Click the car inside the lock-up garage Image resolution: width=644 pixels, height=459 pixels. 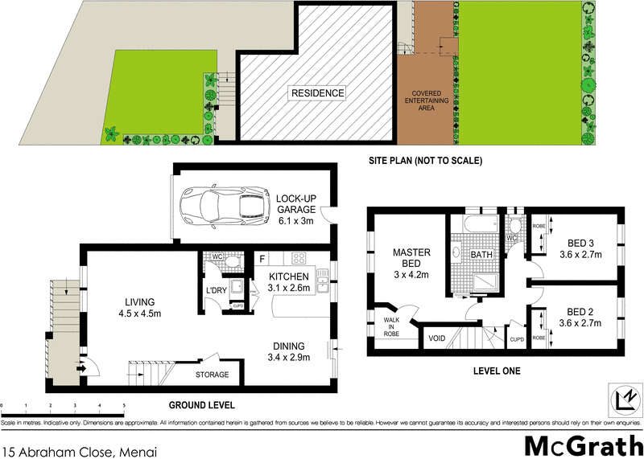[225, 205]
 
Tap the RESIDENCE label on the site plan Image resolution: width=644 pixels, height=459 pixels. [318, 93]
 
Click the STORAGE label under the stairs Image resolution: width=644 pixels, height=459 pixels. [213, 375]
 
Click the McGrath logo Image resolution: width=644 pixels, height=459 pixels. [577, 444]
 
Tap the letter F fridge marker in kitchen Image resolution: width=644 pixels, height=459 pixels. [262, 259]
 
